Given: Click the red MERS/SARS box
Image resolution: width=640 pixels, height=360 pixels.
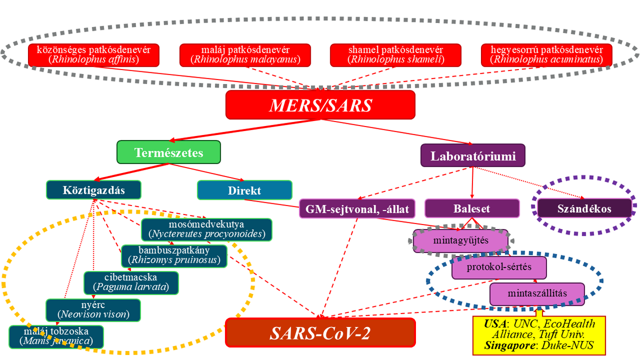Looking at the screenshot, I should (x=320, y=105).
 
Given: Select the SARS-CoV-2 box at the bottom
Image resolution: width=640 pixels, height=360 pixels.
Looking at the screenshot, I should (x=320, y=333).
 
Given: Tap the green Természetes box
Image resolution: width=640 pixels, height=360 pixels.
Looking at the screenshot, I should (x=168, y=152).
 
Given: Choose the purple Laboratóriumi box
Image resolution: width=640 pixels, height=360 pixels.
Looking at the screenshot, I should (x=472, y=156).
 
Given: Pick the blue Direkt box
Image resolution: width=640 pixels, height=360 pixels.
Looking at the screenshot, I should (x=244, y=190).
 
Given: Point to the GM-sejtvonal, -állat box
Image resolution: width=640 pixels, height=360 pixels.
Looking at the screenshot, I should (x=357, y=209).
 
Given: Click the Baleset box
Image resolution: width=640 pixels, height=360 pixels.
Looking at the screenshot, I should (x=472, y=209).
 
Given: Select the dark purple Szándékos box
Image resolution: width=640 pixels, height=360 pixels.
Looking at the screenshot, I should (x=584, y=209).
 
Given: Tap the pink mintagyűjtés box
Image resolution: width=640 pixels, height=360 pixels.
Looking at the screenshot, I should (x=461, y=240).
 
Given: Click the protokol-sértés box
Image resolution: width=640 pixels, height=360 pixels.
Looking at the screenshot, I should (x=499, y=267).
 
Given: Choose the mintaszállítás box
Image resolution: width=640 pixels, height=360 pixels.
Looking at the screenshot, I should (x=537, y=294).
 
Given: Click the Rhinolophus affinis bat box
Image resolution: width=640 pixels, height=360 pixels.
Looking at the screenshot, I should (x=94, y=55).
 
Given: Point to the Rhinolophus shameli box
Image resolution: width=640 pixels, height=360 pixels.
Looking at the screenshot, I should (x=396, y=55).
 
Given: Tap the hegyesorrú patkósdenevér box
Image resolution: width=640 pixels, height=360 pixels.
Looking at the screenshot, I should (x=547, y=55).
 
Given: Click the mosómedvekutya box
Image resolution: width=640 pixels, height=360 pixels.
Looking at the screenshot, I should (x=206, y=229).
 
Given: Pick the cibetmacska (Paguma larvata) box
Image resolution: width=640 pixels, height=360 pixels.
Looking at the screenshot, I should (x=131, y=282).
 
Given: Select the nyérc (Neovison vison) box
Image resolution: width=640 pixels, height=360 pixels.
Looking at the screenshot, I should (x=93, y=309).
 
